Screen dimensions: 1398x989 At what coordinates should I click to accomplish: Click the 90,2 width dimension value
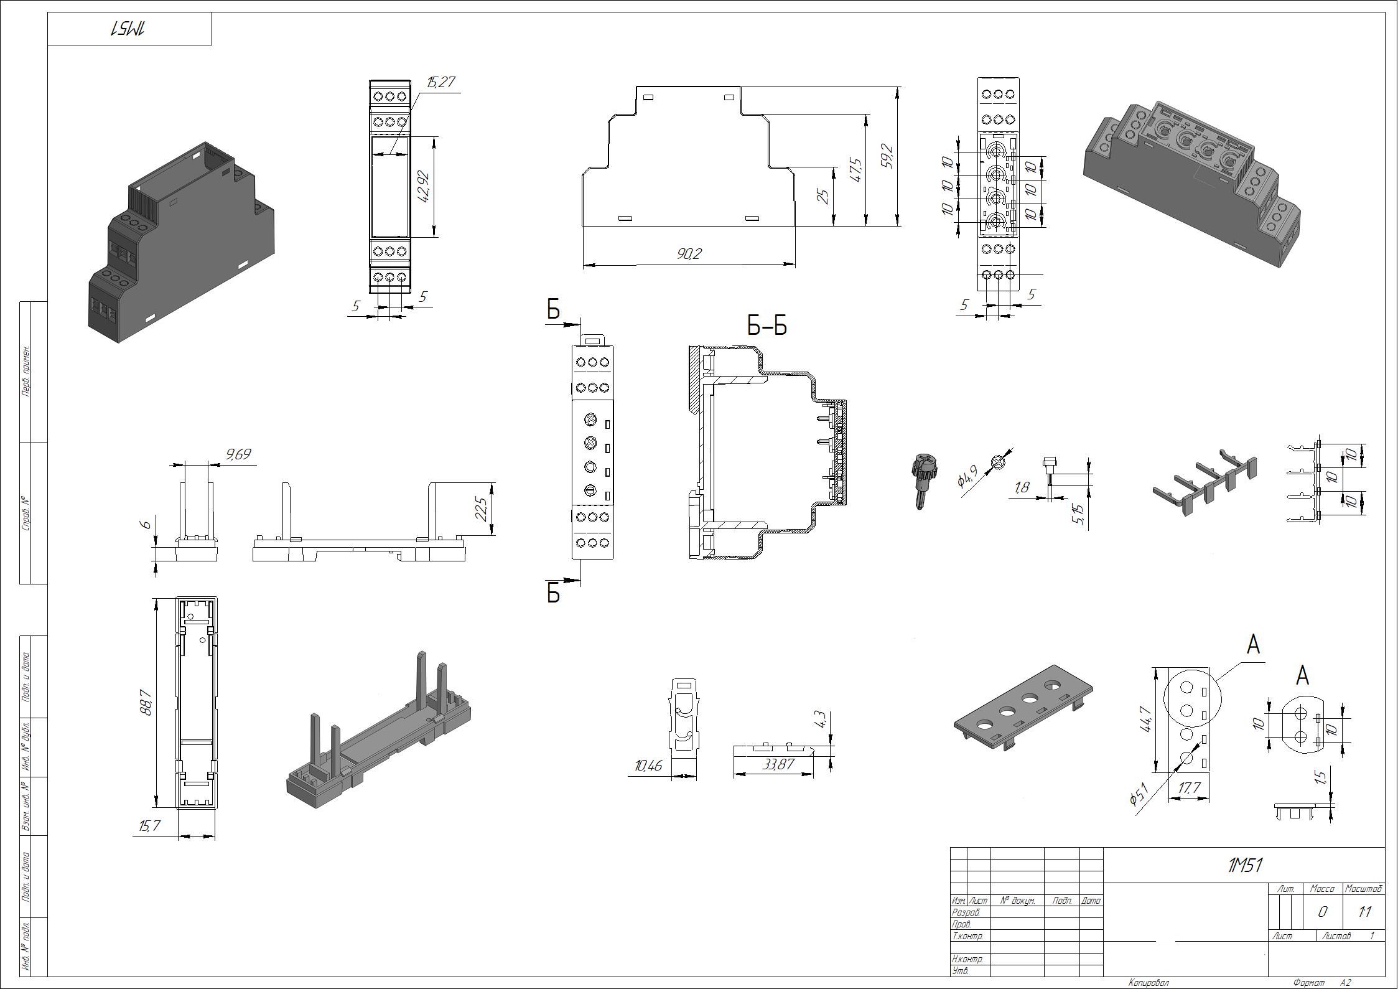pyautogui.click(x=689, y=254)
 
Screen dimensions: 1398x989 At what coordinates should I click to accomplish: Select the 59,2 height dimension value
pyautogui.click(x=887, y=156)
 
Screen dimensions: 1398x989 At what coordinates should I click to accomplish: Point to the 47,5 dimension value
pyautogui.click(x=855, y=170)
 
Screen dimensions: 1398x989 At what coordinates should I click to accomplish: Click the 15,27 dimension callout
pyautogui.click(x=441, y=83)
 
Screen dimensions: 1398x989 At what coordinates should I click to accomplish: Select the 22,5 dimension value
pyautogui.click(x=481, y=509)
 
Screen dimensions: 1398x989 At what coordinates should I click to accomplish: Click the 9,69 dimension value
pyautogui.click(x=238, y=454)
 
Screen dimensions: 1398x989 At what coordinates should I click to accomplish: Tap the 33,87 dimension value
pyautogui.click(x=778, y=764)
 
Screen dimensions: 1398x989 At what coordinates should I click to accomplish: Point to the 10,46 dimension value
pyautogui.click(x=648, y=766)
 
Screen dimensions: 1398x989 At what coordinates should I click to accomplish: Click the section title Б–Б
pyautogui.click(x=767, y=325)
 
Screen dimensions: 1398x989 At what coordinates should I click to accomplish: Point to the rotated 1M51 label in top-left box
pyautogui.click(x=129, y=29)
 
